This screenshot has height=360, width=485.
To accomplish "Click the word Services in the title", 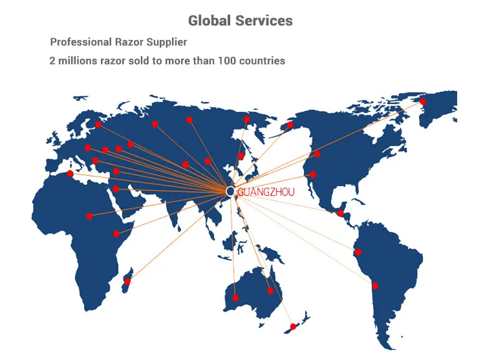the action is point(264,21).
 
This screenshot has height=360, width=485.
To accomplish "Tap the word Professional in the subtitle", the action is point(81,42).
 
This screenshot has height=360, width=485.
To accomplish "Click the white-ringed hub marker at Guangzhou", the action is point(230,191).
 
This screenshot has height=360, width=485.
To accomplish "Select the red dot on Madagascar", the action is point(127,282).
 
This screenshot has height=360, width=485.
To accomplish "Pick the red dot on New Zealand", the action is point(294,326).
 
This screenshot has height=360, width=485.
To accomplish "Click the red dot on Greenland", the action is point(422,101).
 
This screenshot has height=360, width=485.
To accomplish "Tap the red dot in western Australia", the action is point(235,298).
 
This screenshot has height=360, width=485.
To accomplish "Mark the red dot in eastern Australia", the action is point(270,290).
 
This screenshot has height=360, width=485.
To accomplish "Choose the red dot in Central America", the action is point(340,213).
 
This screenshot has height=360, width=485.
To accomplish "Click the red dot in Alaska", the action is point(290,125).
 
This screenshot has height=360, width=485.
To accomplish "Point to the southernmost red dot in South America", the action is point(374,286).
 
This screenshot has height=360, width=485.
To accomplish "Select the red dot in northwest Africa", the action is point(70,173).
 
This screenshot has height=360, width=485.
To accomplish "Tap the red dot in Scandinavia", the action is point(98,125).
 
